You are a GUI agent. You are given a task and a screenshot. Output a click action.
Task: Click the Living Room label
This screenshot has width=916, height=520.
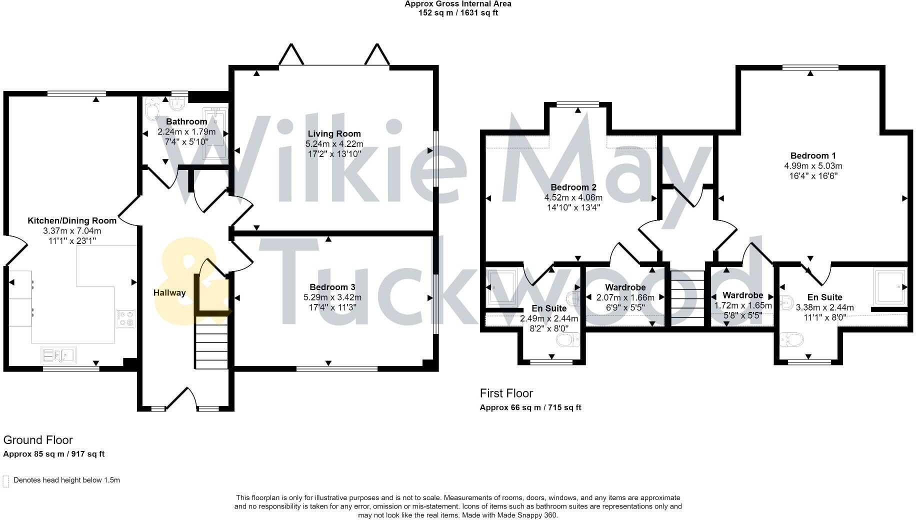coord(334,133)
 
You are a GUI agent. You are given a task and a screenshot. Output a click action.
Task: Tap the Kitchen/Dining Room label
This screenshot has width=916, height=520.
coord(71,220)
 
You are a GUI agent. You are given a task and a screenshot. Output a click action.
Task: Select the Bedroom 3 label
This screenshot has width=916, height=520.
coord(332,287)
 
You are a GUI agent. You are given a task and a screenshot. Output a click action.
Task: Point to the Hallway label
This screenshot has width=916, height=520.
coord(169,292)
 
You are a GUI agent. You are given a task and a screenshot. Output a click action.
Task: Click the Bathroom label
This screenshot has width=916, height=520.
coord(186,121)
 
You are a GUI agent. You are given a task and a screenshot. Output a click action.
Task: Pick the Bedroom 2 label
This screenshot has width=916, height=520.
coord(573,187)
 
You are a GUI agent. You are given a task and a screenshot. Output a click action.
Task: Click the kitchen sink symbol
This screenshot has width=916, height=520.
coord(58,355)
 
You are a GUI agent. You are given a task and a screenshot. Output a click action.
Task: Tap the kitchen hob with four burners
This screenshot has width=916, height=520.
coord(126,318)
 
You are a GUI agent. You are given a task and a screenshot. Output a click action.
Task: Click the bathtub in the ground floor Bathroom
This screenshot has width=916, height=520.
coord(215,133)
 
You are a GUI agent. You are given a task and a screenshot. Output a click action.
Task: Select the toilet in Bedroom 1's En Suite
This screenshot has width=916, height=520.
coord(791,339)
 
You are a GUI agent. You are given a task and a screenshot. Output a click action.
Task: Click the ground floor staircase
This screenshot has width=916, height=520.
coord(211,345)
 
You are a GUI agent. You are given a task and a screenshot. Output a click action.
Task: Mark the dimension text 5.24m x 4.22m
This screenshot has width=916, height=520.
coord(334,144)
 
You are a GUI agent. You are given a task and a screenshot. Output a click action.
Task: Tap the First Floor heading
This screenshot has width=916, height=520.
coord(506,393)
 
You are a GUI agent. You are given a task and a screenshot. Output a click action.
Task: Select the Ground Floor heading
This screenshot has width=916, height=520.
coord(38,440)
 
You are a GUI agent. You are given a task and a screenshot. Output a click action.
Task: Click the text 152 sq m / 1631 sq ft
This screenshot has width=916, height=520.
coord(457,13)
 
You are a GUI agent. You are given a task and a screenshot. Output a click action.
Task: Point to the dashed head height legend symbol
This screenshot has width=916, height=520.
coord(6,481)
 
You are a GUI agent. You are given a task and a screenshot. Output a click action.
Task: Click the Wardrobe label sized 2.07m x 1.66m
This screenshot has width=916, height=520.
coord(625,287)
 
